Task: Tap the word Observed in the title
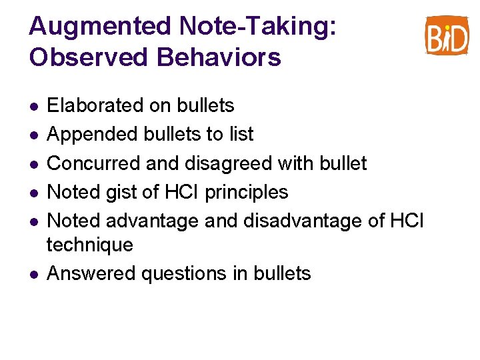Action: pyautogui.click(x=89, y=57)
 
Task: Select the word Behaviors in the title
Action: pyautogui.click(x=219, y=57)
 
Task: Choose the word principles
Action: pyautogui.click(x=247, y=193)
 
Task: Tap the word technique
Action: pyautogui.click(x=89, y=245)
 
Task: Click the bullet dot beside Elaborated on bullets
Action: pyautogui.click(x=33, y=106)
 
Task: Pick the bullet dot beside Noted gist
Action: pyautogui.click(x=33, y=193)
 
